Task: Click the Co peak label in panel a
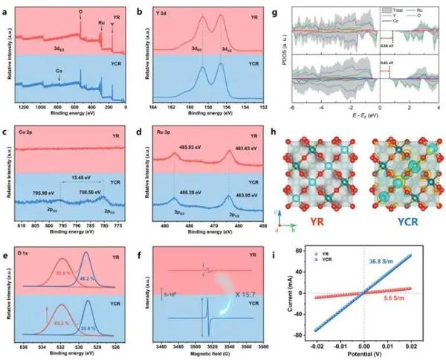(59, 71)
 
